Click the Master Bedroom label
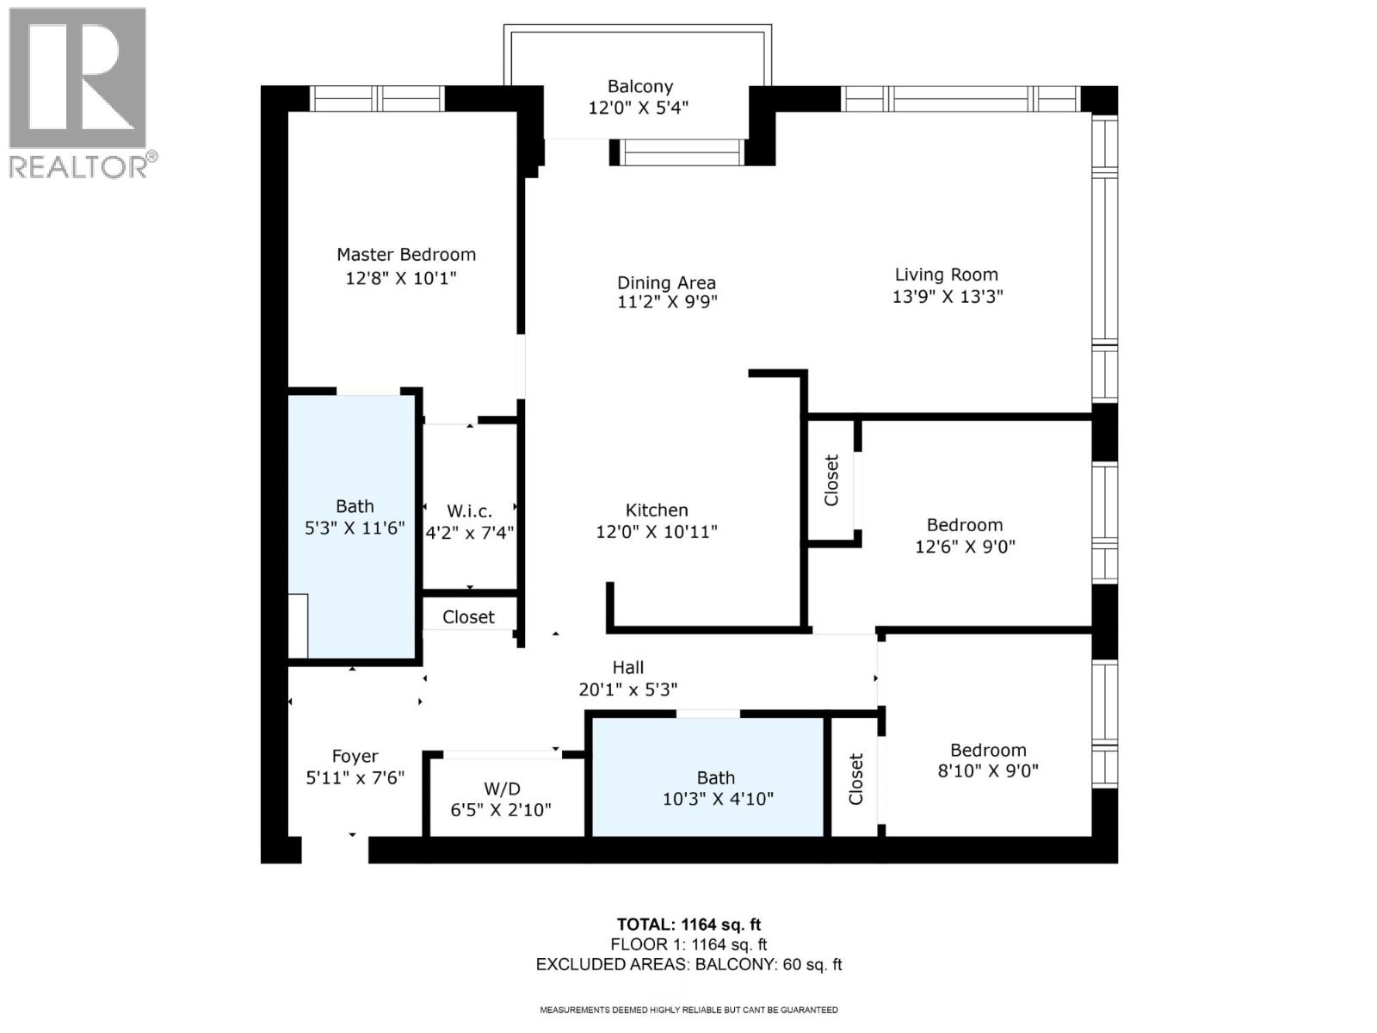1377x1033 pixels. tap(405, 255)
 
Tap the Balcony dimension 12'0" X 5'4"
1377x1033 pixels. tap(639, 108)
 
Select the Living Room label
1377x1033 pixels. tap(946, 275)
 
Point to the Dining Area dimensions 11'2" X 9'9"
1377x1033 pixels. tap(667, 302)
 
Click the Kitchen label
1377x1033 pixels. tap(657, 510)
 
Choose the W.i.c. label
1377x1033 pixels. tap(469, 511)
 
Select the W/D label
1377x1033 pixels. tap(501, 789)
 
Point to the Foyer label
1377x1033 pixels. tap(355, 756)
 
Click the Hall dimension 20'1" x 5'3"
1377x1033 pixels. tap(627, 690)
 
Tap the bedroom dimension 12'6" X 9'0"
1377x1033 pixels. tap(965, 547)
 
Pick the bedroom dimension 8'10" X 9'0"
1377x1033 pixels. tap(988, 771)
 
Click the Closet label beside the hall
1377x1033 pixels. tap(468, 617)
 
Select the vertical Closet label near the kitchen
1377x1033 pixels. tap(831, 480)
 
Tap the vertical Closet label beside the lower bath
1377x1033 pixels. tap(855, 779)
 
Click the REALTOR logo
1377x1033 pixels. tap(79, 92)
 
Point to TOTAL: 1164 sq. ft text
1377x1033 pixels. tap(688, 925)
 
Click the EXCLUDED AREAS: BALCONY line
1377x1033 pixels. tap(688, 964)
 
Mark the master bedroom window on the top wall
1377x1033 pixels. tap(377, 99)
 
